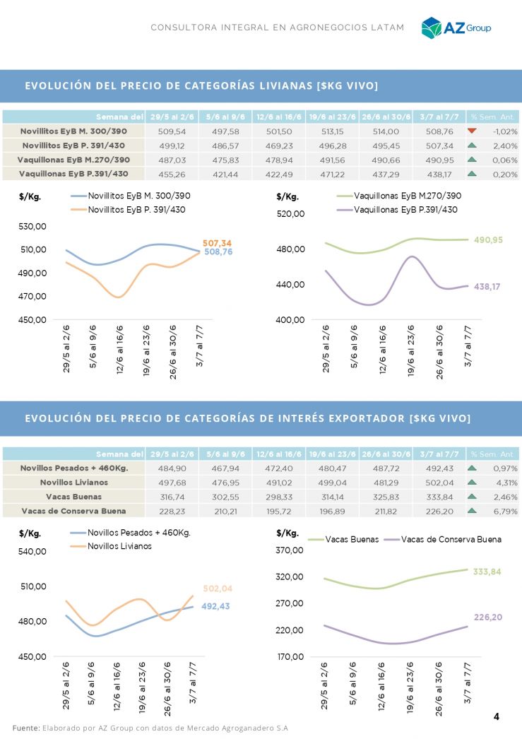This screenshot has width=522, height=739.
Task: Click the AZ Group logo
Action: (456, 28)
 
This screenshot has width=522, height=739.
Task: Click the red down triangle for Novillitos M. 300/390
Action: (472, 131)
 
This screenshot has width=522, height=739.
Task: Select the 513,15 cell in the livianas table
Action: (331, 131)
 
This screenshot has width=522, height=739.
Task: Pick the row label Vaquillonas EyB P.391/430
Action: (73, 174)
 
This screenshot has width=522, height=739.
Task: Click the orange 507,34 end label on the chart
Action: (217, 242)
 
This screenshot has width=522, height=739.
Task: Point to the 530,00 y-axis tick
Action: (32, 227)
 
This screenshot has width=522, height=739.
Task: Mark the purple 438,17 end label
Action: (487, 287)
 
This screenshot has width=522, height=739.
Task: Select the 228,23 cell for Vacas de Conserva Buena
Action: (172, 511)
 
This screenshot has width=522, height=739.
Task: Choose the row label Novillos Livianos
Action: (73, 483)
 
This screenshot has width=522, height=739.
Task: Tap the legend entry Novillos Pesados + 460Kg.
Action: (138, 533)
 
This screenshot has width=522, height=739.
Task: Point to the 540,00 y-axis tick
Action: (32, 551)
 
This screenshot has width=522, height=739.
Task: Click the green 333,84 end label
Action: (487, 572)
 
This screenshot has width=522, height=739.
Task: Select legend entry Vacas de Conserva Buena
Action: (451, 539)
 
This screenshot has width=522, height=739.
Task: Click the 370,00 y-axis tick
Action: (290, 550)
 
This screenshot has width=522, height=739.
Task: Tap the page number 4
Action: (496, 716)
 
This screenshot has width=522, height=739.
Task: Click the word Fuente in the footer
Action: (25, 727)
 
